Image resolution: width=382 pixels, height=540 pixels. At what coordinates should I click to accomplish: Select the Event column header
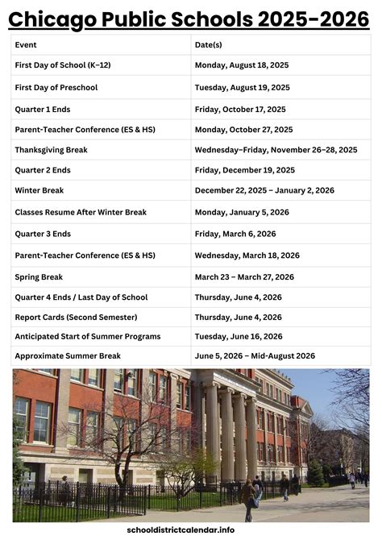coord(26,45)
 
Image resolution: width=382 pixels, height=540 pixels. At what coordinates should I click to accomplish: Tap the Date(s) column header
coord(209,45)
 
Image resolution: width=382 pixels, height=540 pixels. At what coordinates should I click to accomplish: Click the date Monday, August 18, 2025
coord(242,64)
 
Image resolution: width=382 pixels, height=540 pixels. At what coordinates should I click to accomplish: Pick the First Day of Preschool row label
coord(56,86)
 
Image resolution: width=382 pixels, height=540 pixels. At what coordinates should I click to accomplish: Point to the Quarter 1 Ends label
coord(43,109)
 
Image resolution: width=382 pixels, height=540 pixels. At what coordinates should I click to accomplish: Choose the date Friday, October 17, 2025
coord(240,109)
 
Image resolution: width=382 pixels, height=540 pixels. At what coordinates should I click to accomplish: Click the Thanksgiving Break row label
coord(51,150)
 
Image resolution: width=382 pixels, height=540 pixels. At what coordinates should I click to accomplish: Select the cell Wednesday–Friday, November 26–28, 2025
coord(276,150)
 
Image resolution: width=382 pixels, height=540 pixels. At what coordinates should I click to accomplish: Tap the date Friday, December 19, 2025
coord(245,170)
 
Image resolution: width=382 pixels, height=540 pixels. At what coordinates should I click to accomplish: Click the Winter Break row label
coord(39,191)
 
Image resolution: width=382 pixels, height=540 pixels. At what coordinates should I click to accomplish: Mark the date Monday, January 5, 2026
coord(242,213)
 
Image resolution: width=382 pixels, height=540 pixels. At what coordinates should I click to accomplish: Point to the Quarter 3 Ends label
coord(43,234)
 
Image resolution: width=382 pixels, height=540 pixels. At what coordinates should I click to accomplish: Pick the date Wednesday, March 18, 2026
coord(247,255)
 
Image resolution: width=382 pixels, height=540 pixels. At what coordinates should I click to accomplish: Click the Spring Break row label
coord(39,276)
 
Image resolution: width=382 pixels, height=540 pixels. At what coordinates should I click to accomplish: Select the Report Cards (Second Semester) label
coord(76,318)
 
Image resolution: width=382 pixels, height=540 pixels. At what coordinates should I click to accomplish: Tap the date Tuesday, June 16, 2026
coord(239,336)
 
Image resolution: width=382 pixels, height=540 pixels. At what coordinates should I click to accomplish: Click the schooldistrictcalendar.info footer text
coord(191,530)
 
